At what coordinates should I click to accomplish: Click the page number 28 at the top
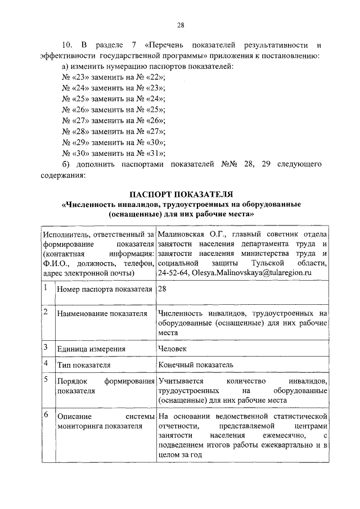tap(181, 25)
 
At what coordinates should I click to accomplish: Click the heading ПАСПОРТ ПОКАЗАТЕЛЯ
tap(181, 194)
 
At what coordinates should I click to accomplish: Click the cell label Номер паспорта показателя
tap(105, 290)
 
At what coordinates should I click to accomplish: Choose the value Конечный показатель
tap(192, 364)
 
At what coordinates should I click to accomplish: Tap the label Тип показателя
tap(84, 365)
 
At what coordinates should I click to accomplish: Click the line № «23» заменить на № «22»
tap(113, 77)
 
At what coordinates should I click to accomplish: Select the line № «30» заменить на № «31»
tap(113, 152)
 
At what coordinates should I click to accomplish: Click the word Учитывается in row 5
tap(181, 381)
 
